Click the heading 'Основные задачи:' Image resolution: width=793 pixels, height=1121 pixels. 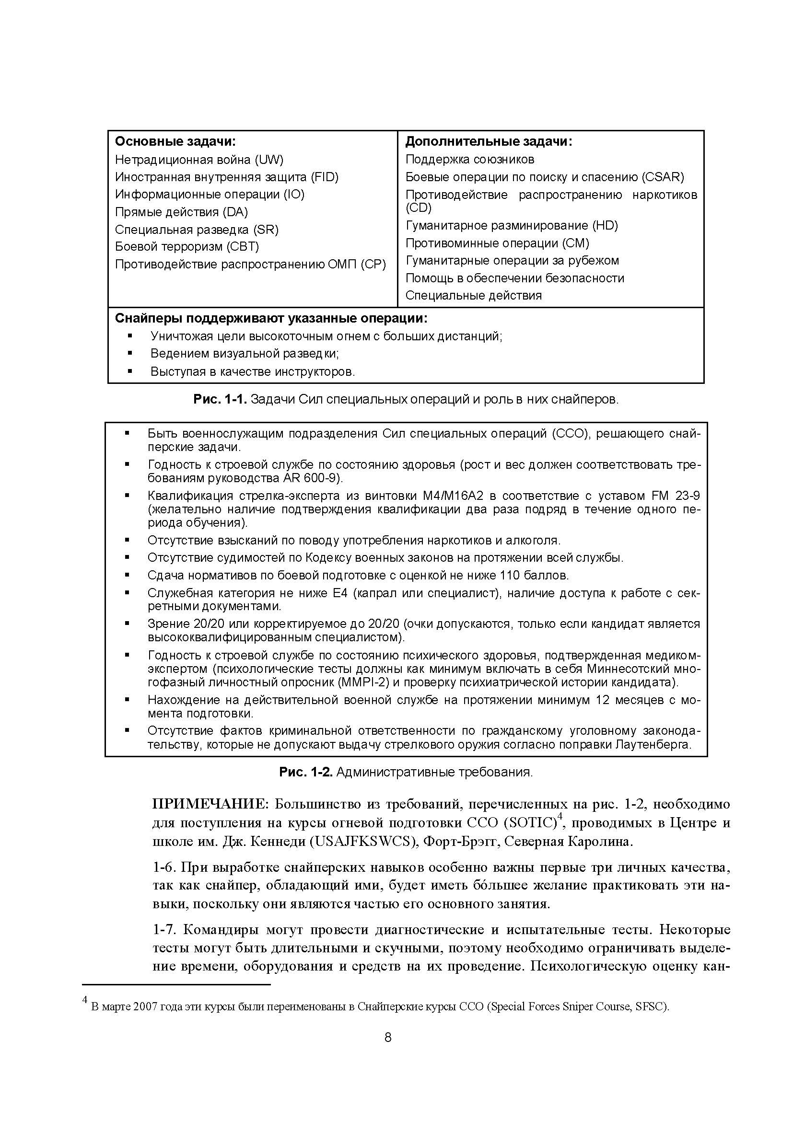[175, 141]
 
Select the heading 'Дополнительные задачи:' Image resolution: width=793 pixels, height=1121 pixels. [489, 141]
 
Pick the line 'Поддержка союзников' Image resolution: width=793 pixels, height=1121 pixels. [470, 159]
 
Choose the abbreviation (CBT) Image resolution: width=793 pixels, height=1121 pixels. [243, 246]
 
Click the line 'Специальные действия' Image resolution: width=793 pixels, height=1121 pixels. [474, 295]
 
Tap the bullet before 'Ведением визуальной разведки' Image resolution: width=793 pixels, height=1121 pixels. [130, 353]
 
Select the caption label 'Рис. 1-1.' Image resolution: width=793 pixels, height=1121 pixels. [221, 399]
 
